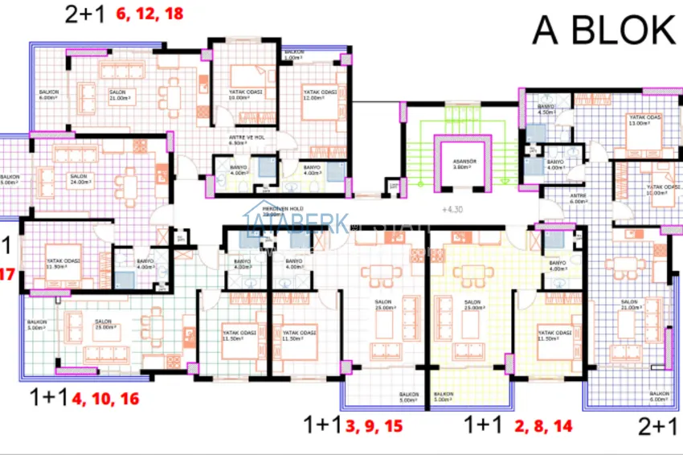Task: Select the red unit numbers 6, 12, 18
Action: pos(149,14)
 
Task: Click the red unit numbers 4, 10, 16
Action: pos(105,397)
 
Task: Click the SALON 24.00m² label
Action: pos(78,178)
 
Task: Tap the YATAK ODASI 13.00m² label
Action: pos(644,121)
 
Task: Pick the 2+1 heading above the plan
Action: pos(85,14)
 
